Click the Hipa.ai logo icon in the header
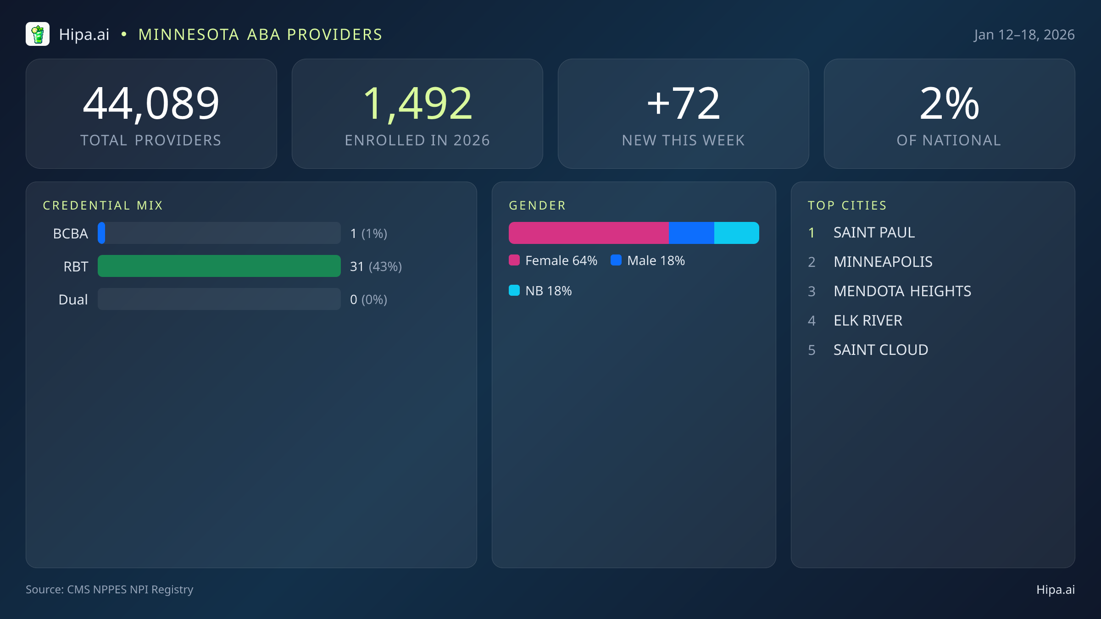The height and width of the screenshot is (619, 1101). click(x=38, y=34)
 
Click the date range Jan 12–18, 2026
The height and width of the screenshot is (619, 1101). click(x=1024, y=35)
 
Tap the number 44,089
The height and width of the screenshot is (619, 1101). click(x=151, y=104)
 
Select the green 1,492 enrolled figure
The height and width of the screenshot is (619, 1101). click(x=417, y=104)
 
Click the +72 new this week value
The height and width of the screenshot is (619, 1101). click(x=683, y=104)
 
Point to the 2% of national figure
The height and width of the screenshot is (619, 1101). click(x=949, y=104)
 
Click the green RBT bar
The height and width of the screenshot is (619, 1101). click(x=219, y=266)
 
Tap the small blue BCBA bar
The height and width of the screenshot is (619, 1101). click(x=101, y=233)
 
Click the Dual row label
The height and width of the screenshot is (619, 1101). click(x=73, y=299)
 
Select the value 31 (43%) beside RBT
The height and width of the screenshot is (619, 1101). click(x=376, y=266)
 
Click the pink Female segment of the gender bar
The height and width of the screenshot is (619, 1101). click(x=588, y=233)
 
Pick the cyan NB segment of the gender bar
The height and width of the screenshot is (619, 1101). click(x=736, y=233)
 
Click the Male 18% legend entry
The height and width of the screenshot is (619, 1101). click(x=648, y=260)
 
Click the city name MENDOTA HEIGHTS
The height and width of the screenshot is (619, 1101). click(x=902, y=291)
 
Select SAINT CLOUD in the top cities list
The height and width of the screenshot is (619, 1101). click(x=880, y=350)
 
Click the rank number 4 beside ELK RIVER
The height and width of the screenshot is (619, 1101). click(x=812, y=321)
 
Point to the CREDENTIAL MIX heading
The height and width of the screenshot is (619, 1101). click(x=103, y=205)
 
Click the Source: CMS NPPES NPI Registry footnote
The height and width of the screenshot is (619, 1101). click(x=109, y=589)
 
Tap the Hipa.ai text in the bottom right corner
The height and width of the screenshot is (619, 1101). click(x=1055, y=590)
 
